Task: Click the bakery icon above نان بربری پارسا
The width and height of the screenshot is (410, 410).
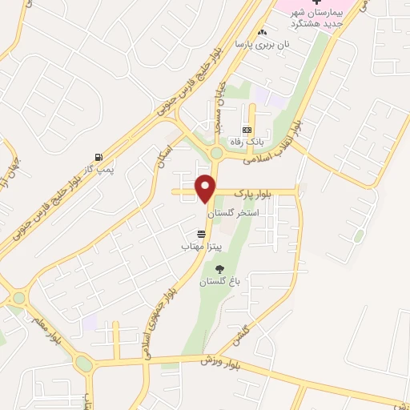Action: tap(262, 33)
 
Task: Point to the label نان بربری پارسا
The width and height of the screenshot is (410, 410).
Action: tap(260, 46)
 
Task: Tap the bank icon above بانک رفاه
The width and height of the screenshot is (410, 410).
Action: tap(247, 130)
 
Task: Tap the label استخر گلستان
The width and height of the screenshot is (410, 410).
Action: tap(231, 214)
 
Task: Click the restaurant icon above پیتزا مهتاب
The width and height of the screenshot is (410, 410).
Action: tap(201, 234)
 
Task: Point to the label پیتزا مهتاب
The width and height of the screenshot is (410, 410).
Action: tap(195, 247)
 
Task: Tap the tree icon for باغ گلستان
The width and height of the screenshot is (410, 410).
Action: tap(220, 269)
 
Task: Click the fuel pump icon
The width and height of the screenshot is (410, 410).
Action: tap(98, 157)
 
